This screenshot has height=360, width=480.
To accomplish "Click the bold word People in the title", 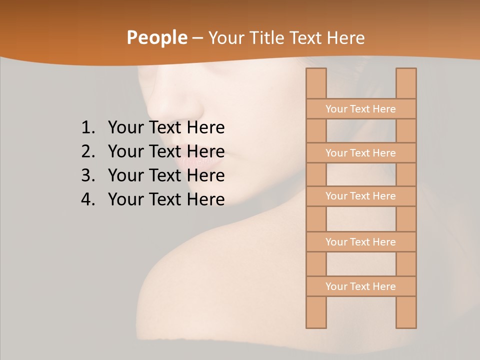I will [x=156, y=37].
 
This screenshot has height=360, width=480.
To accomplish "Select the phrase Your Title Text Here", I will [x=286, y=38].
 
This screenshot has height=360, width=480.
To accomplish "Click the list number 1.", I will [x=88, y=128].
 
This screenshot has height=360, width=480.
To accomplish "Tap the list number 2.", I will [x=88, y=151].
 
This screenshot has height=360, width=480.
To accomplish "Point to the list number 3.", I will [x=88, y=175].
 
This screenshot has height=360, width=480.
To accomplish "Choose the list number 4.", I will [x=88, y=199].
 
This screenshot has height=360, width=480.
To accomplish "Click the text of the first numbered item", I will [x=166, y=128].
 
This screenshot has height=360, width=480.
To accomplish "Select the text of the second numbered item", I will [x=166, y=151].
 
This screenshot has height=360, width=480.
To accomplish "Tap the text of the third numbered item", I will [x=166, y=175].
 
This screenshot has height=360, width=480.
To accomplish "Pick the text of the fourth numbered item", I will [x=166, y=199].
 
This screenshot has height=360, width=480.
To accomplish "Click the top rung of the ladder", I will [x=360, y=109].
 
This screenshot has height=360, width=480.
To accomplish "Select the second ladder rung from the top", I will [x=360, y=153].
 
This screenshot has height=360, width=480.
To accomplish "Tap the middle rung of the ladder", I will [x=360, y=196].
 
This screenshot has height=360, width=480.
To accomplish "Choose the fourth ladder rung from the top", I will [x=360, y=242].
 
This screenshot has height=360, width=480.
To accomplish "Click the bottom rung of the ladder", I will [x=360, y=286].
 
